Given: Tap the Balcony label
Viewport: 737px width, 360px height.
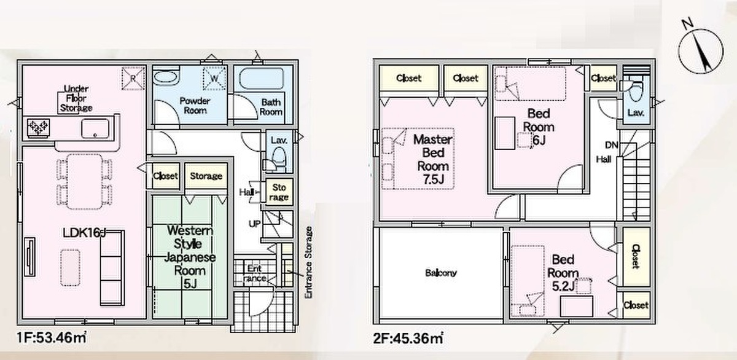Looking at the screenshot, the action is pos(440,273).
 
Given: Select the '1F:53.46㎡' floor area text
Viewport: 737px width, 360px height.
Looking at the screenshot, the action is pos(52,338).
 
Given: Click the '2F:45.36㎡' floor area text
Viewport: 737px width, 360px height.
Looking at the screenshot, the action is pos(408,338).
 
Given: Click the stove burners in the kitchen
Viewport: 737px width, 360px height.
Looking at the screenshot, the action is pos(39,128).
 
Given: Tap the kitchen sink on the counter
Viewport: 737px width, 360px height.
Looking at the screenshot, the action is pos(95,128).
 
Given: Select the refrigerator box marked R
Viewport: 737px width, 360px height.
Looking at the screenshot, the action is pos(133,78).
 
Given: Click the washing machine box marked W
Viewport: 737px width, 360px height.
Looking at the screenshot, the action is pos(214,78).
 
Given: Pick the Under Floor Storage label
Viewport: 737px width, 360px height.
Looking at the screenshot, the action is pos(76,98).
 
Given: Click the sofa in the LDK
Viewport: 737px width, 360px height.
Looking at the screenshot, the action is pos(112,267).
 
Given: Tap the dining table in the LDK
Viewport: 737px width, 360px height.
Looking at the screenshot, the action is pos(85,181).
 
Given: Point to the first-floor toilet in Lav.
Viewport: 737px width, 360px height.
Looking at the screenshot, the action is pos(278,158).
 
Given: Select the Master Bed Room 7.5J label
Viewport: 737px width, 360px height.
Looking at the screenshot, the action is pos(432,159).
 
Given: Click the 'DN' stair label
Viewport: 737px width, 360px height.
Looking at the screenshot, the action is pos(611,145).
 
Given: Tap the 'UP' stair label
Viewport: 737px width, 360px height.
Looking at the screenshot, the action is pos(254,224).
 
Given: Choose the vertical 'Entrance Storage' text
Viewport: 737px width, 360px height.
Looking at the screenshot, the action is pos(308,262).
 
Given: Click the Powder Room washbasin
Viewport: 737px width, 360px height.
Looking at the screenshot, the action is pos(166,79).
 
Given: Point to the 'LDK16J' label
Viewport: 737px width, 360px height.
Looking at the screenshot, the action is pos(84,233).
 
